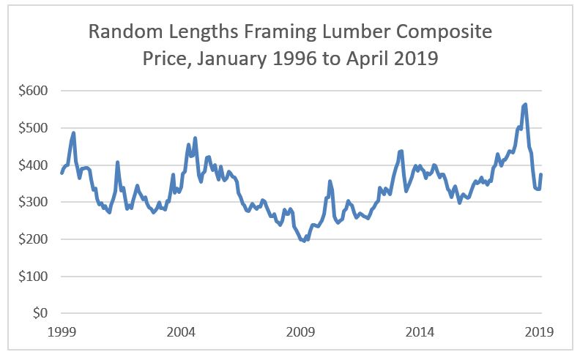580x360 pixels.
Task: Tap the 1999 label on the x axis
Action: pyautogui.click(x=61, y=331)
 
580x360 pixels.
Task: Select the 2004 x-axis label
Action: pyautogui.click(x=181, y=331)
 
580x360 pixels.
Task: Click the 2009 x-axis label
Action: pyautogui.click(x=301, y=331)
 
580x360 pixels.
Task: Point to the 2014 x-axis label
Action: pyautogui.click(x=421, y=331)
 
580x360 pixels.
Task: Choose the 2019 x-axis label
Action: pyautogui.click(x=540, y=331)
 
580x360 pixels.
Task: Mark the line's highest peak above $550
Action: pyautogui.click(x=525, y=105)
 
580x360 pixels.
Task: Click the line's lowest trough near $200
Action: pyautogui.click(x=304, y=240)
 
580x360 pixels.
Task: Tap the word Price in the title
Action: pyautogui.click(x=163, y=58)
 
